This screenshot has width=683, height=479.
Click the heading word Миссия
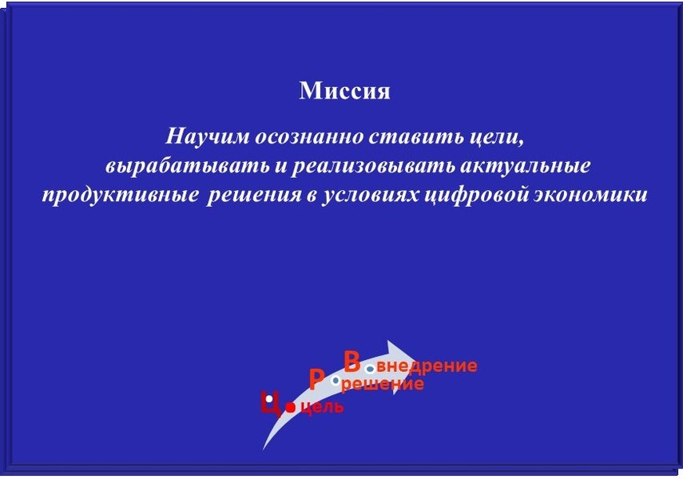click(344, 90)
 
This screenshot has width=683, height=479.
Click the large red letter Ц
click(271, 404)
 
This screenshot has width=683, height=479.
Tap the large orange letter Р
click(316, 380)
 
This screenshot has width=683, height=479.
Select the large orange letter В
click(352, 362)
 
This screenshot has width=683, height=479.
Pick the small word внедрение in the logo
click(427, 366)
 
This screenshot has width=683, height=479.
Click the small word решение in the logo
click(383, 384)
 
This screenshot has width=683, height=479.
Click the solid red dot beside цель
click(291, 407)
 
